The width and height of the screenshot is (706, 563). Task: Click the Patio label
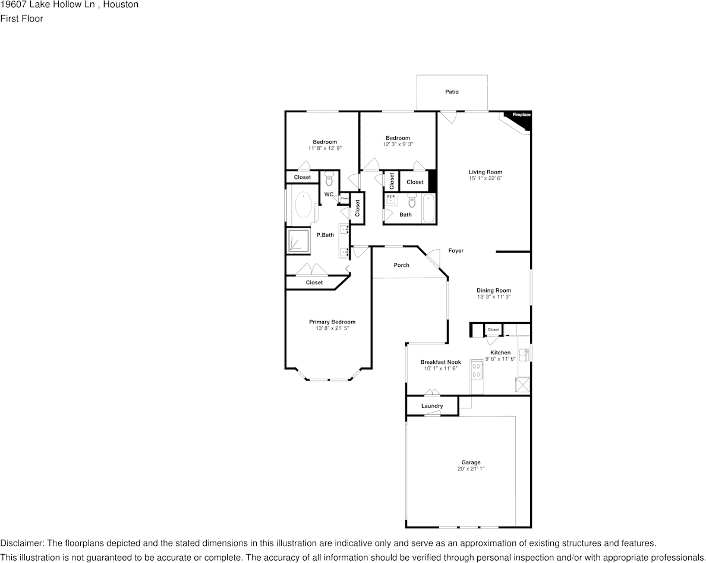452,92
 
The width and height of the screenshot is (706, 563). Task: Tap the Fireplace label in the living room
521,114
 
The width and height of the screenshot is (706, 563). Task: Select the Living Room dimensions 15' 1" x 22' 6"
485,178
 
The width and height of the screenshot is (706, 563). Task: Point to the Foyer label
456,251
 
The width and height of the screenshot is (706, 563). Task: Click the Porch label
402,265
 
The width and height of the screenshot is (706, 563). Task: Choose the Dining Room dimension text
493,297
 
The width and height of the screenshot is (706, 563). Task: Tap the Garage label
471,463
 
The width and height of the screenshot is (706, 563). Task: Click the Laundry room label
432,406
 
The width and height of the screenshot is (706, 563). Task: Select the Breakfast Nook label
440,362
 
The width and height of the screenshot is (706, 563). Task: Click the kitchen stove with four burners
476,370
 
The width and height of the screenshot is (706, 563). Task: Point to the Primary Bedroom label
332,322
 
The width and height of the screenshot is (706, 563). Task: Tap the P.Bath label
325,235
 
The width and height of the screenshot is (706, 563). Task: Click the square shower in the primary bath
298,241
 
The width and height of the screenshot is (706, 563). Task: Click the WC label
329,194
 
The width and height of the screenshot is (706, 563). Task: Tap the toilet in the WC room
329,179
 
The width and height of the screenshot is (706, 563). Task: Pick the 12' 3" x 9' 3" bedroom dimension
397,144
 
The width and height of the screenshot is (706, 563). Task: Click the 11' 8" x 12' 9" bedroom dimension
324,148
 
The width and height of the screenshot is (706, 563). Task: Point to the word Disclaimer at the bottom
21,543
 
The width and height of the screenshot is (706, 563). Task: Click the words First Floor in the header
21,18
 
